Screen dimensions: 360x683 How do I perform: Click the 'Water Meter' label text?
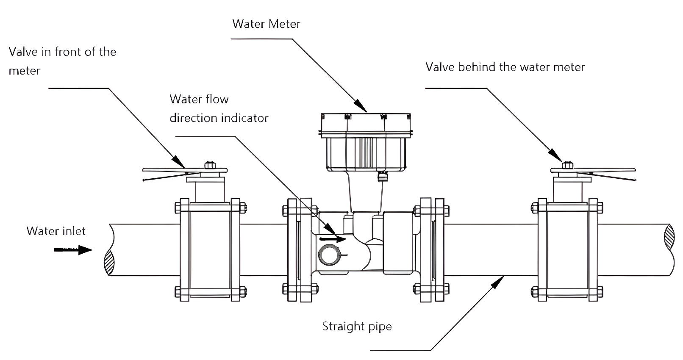tap(266, 24)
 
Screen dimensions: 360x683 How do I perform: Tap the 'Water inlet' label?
tap(56, 231)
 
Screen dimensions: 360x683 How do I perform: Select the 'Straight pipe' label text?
tap(357, 327)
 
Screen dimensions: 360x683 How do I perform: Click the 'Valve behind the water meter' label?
tap(505, 67)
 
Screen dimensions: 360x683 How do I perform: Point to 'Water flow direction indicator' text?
tap(219, 108)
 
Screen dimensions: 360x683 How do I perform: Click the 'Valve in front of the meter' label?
tap(62, 61)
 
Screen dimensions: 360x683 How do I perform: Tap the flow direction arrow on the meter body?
tap(333, 239)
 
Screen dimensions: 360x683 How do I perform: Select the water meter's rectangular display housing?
tap(366, 142)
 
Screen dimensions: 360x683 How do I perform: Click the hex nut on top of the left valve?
tap(209, 165)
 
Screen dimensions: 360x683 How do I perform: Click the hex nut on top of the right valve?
tap(567, 165)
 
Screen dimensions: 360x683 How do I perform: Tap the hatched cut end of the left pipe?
tap(109, 263)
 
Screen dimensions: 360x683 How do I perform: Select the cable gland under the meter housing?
tap(383, 176)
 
